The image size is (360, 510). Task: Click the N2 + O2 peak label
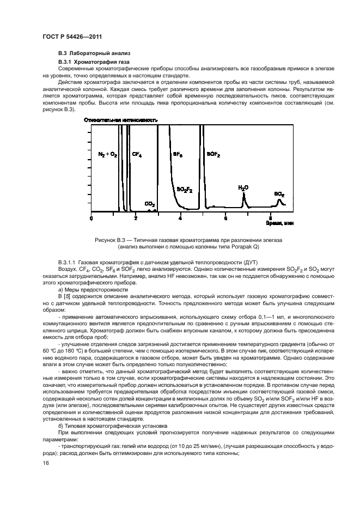point(107,155)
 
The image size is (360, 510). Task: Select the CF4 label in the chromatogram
point(137,155)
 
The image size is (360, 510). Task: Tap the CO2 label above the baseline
point(149,203)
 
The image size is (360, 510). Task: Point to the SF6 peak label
point(178,155)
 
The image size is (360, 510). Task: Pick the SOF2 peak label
point(213,155)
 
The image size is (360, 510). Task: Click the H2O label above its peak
point(243,187)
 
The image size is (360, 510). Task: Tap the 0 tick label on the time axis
point(91,218)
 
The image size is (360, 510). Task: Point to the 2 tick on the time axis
point(136,218)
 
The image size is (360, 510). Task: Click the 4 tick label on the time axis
point(180,218)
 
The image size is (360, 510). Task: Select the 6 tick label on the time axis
point(225,218)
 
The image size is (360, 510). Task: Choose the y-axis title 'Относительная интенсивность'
point(121,119)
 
